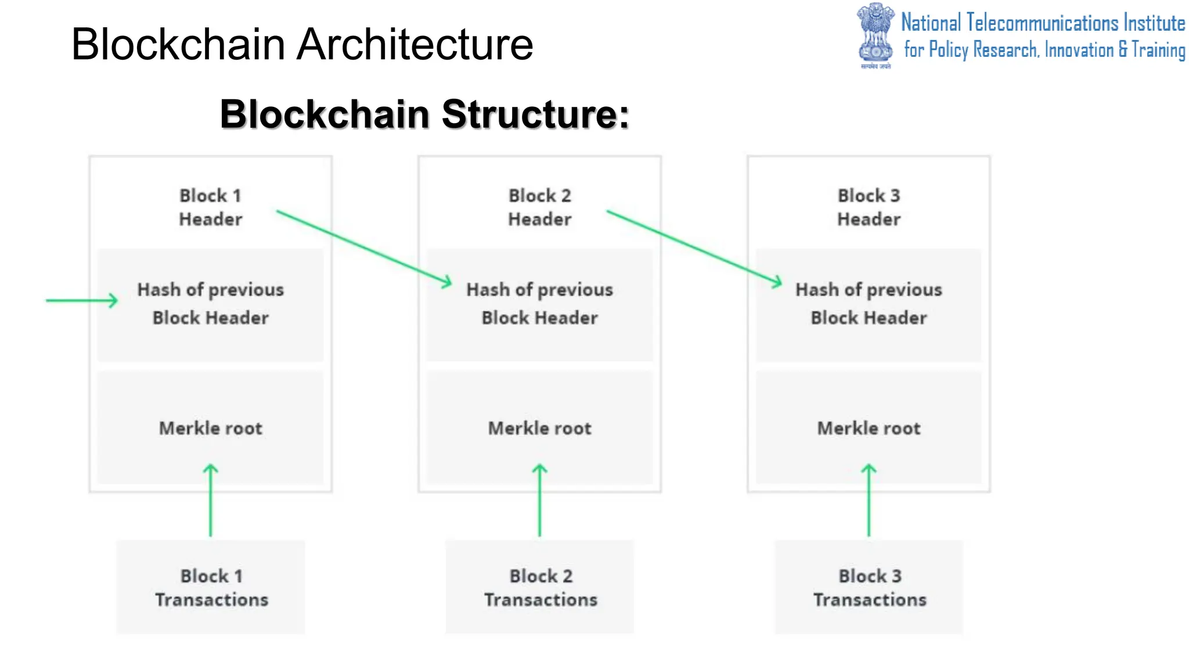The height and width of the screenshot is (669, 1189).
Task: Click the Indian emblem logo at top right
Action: pyautogui.click(x=875, y=35)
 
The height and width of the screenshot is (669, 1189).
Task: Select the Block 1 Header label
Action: pyautogui.click(x=210, y=207)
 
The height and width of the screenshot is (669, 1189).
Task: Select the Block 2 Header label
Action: pyautogui.click(x=539, y=207)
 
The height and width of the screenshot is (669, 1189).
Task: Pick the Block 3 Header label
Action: pyautogui.click(x=869, y=207)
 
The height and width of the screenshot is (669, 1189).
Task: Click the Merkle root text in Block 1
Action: pyautogui.click(x=210, y=429)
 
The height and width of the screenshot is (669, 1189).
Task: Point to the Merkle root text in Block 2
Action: pyautogui.click(x=539, y=429)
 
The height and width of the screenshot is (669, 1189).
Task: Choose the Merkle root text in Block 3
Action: pyautogui.click(x=869, y=429)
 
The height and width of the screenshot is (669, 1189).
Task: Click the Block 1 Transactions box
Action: pyautogui.click(x=210, y=587)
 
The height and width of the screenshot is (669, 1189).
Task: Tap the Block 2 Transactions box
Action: pyautogui.click(x=539, y=587)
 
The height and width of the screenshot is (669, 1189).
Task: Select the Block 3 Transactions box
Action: pyautogui.click(x=869, y=587)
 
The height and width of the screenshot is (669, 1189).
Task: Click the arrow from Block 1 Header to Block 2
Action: pyautogui.click(x=363, y=247)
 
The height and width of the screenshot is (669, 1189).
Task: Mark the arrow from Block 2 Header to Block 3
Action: pyautogui.click(x=694, y=247)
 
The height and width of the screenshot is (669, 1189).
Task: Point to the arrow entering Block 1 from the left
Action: pyautogui.click(x=81, y=300)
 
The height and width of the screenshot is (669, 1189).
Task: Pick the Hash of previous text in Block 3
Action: pyautogui.click(x=869, y=290)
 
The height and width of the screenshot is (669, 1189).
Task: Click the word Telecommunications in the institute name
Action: pyautogui.click(x=1042, y=23)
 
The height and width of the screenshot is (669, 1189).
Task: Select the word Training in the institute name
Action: pyautogui.click(x=1158, y=50)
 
